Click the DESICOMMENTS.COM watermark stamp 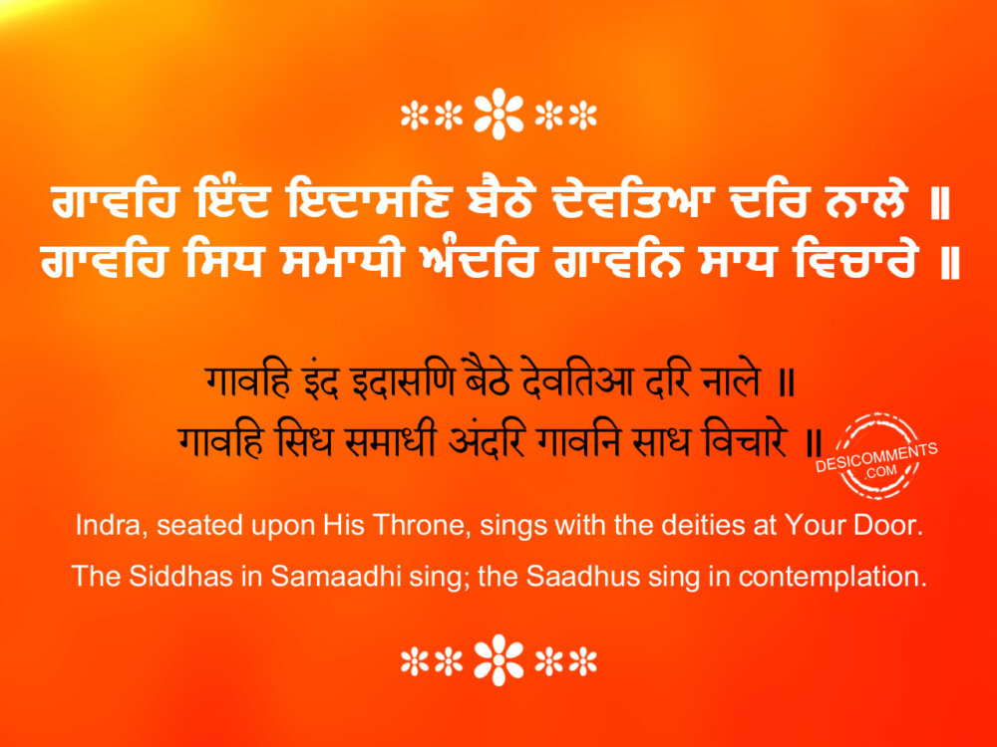[x=876, y=456]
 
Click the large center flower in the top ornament [x=499, y=114]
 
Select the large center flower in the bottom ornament [x=499, y=660]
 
